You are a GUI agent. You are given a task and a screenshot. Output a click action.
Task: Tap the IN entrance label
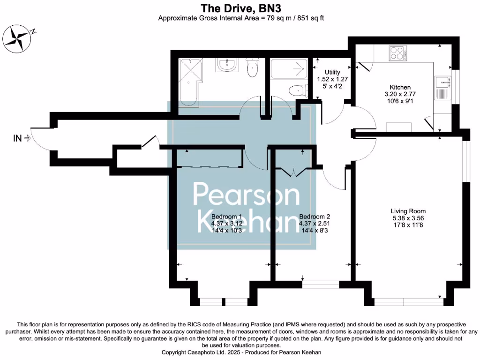tap(17, 138)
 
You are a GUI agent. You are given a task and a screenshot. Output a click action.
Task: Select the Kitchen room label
tap(400, 87)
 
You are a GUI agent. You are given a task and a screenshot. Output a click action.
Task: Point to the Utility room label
tap(329, 72)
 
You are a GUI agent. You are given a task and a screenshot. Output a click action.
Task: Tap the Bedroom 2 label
tap(315, 217)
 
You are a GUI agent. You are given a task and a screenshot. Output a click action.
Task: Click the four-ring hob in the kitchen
tap(397, 53)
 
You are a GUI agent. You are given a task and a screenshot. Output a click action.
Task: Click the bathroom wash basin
tap(227, 65)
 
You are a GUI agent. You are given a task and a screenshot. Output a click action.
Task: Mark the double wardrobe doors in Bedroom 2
tap(293, 172)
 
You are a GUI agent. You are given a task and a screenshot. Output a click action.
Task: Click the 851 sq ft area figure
tap(307, 19)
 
